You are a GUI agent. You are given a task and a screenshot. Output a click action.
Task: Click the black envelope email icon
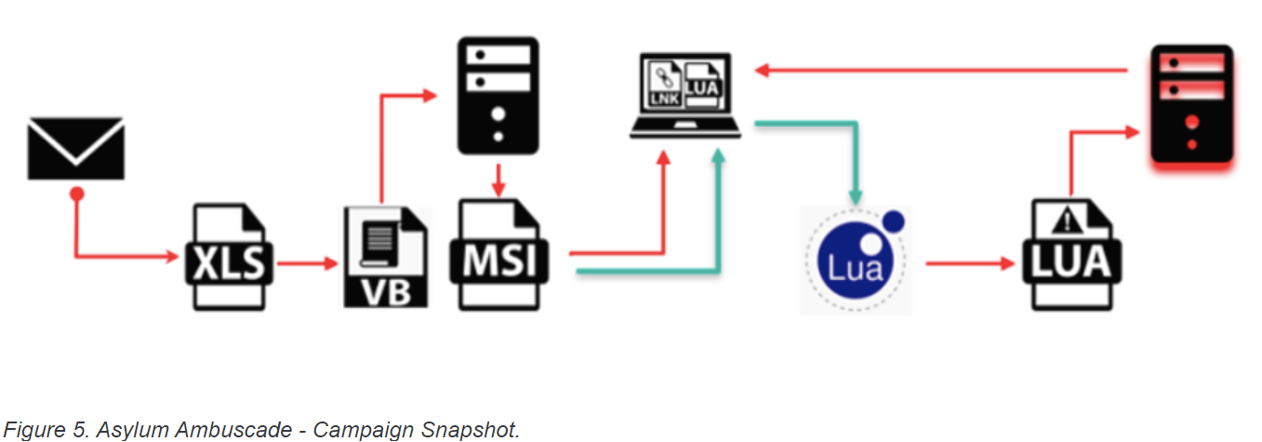click(x=75, y=148)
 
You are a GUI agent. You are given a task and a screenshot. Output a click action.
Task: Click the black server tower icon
click(x=498, y=95)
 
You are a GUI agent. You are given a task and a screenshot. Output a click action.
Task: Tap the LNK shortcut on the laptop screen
click(x=666, y=84)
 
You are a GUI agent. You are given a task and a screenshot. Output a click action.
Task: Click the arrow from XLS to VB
click(x=308, y=263)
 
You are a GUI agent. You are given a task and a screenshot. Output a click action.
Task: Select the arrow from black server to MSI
click(x=498, y=179)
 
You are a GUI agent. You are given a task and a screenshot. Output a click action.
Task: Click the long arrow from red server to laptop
click(x=939, y=70)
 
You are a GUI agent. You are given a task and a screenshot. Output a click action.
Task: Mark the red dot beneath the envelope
click(x=76, y=194)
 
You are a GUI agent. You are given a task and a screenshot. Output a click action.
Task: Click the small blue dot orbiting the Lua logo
click(x=894, y=221)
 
